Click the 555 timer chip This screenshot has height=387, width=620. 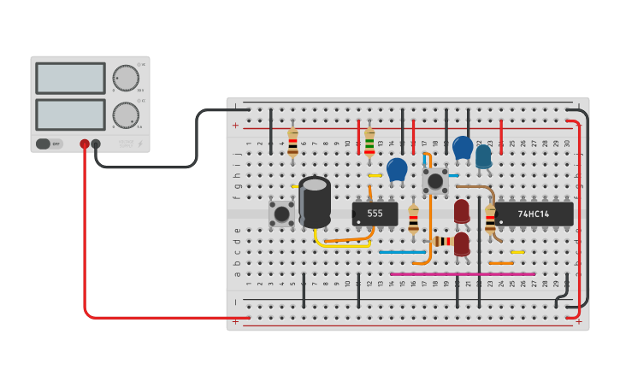375,214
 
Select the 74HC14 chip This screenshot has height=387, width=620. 534,214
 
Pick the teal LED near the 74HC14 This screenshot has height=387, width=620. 483,155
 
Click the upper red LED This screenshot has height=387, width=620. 462,210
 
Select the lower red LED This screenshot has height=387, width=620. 462,243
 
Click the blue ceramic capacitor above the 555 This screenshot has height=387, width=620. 397,169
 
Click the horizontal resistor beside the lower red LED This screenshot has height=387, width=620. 442,242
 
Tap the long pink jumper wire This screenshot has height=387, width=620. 462,274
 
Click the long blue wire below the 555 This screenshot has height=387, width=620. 401,252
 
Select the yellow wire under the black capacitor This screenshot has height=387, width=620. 342,244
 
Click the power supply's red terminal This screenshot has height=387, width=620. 85,144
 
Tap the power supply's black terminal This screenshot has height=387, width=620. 96,144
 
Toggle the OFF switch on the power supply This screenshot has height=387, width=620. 49,144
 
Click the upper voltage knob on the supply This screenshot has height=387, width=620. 126,78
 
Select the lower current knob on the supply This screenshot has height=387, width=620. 126,114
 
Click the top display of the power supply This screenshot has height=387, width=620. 70,78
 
